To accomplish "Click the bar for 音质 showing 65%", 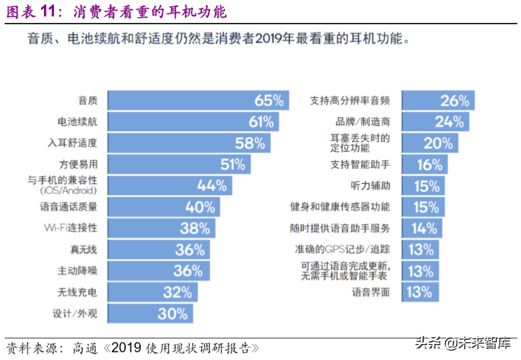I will pos(198,100).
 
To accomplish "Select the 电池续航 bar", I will pos(193,122).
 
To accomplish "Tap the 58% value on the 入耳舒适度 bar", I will pos(250,143).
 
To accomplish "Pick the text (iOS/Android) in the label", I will pos(69,191).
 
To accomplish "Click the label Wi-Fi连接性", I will pos(70,228).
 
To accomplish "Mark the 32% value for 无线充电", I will pos(177,292).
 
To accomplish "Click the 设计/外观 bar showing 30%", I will pos(150,314).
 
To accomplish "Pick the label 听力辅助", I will pos(370,186).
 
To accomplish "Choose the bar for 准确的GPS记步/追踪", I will pos(420,250).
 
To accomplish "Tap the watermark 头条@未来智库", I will pos(465,343).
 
